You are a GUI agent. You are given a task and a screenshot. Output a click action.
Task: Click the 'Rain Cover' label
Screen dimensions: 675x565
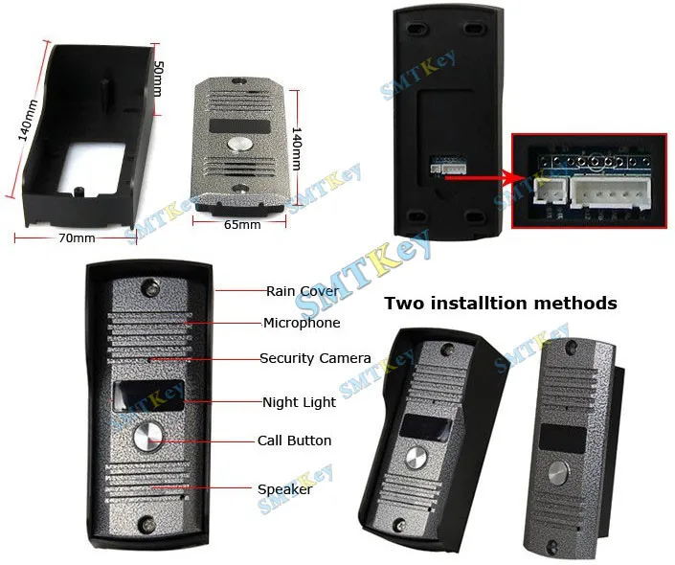pyautogui.click(x=303, y=291)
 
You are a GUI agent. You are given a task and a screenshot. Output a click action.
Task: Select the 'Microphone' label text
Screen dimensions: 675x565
pyautogui.click(x=302, y=324)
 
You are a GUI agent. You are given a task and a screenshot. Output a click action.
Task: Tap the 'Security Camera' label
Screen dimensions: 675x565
pyautogui.click(x=315, y=358)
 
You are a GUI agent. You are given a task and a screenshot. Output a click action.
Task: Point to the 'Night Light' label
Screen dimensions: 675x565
pyautogui.click(x=299, y=402)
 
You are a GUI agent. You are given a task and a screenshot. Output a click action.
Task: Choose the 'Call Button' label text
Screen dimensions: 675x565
pyautogui.click(x=295, y=441)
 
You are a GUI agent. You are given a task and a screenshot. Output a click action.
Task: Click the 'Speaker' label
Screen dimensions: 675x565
pyautogui.click(x=285, y=489)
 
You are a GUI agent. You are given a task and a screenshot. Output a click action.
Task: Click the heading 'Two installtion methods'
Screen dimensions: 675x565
pyautogui.click(x=501, y=304)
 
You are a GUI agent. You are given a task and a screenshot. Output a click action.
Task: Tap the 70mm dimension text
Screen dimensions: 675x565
pyautogui.click(x=78, y=237)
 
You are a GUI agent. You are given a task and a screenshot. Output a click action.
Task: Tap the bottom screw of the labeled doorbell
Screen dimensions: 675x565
pyautogui.click(x=146, y=525)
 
